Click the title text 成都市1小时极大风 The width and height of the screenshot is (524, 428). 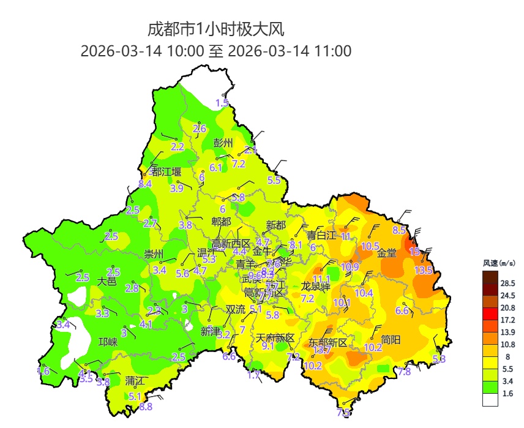[216, 29]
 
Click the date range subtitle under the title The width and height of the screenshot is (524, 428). [216, 51]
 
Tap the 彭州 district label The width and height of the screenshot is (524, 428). [223, 143]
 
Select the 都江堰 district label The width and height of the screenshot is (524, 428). [167, 171]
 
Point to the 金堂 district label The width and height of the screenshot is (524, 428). [386, 253]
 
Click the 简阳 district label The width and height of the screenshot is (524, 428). [391, 339]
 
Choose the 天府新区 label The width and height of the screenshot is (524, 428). [275, 338]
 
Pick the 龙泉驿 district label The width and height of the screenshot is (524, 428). [316, 286]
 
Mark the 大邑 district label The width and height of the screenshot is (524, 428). [107, 281]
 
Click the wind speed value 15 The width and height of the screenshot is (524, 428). [414, 251]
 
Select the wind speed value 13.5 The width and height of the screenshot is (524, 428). [423, 270]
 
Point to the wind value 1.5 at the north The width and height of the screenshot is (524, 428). [222, 103]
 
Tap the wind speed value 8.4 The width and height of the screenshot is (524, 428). [145, 184]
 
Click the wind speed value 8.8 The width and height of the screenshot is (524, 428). [146, 406]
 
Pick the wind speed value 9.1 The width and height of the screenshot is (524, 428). [268, 346]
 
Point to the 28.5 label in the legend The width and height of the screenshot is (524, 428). [507, 283]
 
